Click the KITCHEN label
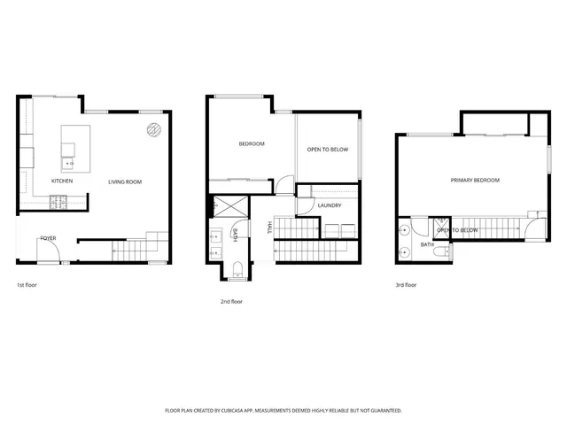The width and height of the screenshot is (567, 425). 61,182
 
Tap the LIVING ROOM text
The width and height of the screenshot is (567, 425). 125,182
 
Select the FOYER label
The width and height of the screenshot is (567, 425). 48,237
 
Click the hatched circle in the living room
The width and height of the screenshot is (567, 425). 153,130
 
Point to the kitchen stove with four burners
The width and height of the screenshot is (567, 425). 60,203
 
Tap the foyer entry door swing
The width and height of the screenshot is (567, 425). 50,253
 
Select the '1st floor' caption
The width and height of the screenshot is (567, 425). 27,285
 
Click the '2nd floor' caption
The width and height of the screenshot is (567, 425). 231,302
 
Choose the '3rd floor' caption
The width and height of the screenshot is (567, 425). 406,285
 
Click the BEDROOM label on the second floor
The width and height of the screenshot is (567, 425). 252,143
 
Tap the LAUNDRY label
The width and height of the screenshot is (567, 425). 330,205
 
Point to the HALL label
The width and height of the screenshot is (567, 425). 270,229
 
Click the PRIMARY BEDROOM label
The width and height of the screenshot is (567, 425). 475,180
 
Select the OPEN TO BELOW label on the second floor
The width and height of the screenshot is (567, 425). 328,150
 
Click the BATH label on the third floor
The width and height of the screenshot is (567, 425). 427,244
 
